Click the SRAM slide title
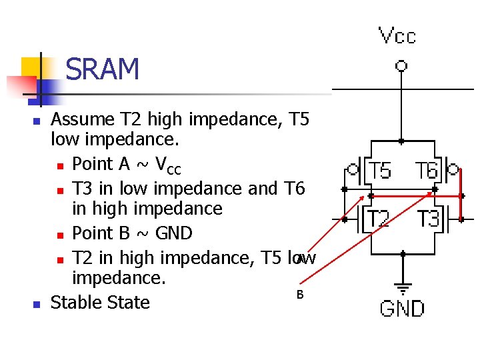point(103,69)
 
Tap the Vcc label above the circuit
point(397,35)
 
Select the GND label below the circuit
point(402,309)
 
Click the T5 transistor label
point(380,171)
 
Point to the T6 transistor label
point(427,171)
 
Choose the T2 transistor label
point(379,219)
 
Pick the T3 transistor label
point(428,219)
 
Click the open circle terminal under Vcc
point(401,65)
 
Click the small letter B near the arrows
point(299,295)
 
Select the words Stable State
point(100,303)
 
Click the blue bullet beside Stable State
point(37,304)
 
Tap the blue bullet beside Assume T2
point(37,121)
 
